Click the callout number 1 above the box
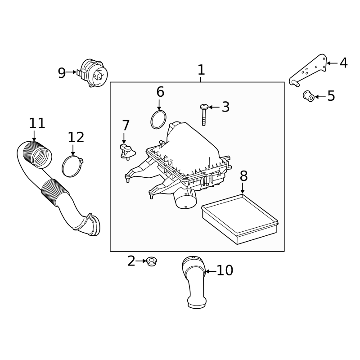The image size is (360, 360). [201, 70]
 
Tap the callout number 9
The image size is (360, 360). [62, 73]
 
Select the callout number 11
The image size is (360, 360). [37, 123]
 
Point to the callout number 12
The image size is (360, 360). [76, 137]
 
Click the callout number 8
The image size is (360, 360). [243, 176]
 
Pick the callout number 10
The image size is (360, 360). [225, 270]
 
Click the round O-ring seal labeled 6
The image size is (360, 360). [157, 120]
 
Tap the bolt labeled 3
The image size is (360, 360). [204, 114]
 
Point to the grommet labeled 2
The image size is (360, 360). [152, 261]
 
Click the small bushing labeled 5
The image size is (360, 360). [308, 96]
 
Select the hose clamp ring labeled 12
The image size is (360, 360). [72, 166]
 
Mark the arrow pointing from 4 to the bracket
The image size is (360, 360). [332, 63]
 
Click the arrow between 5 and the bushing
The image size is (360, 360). [320, 96]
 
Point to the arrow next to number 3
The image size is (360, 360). [214, 107]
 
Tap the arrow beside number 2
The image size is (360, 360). [141, 261]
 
